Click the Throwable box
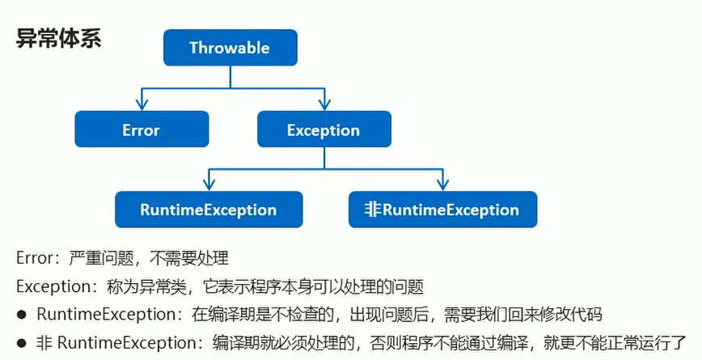[x=230, y=48]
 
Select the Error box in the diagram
[x=142, y=129]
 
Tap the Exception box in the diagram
[x=324, y=129]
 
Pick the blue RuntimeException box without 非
[x=209, y=210]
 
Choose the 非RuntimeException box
[x=442, y=210]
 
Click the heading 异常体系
[x=58, y=39]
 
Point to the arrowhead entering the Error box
[x=142, y=105]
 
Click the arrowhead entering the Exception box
[x=324, y=105]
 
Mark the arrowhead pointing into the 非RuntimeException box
[x=442, y=185]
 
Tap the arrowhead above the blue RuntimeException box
[x=209, y=185]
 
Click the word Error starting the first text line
[x=33, y=258]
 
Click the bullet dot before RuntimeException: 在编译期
[x=23, y=314]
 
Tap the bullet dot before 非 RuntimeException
[x=23, y=342]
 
